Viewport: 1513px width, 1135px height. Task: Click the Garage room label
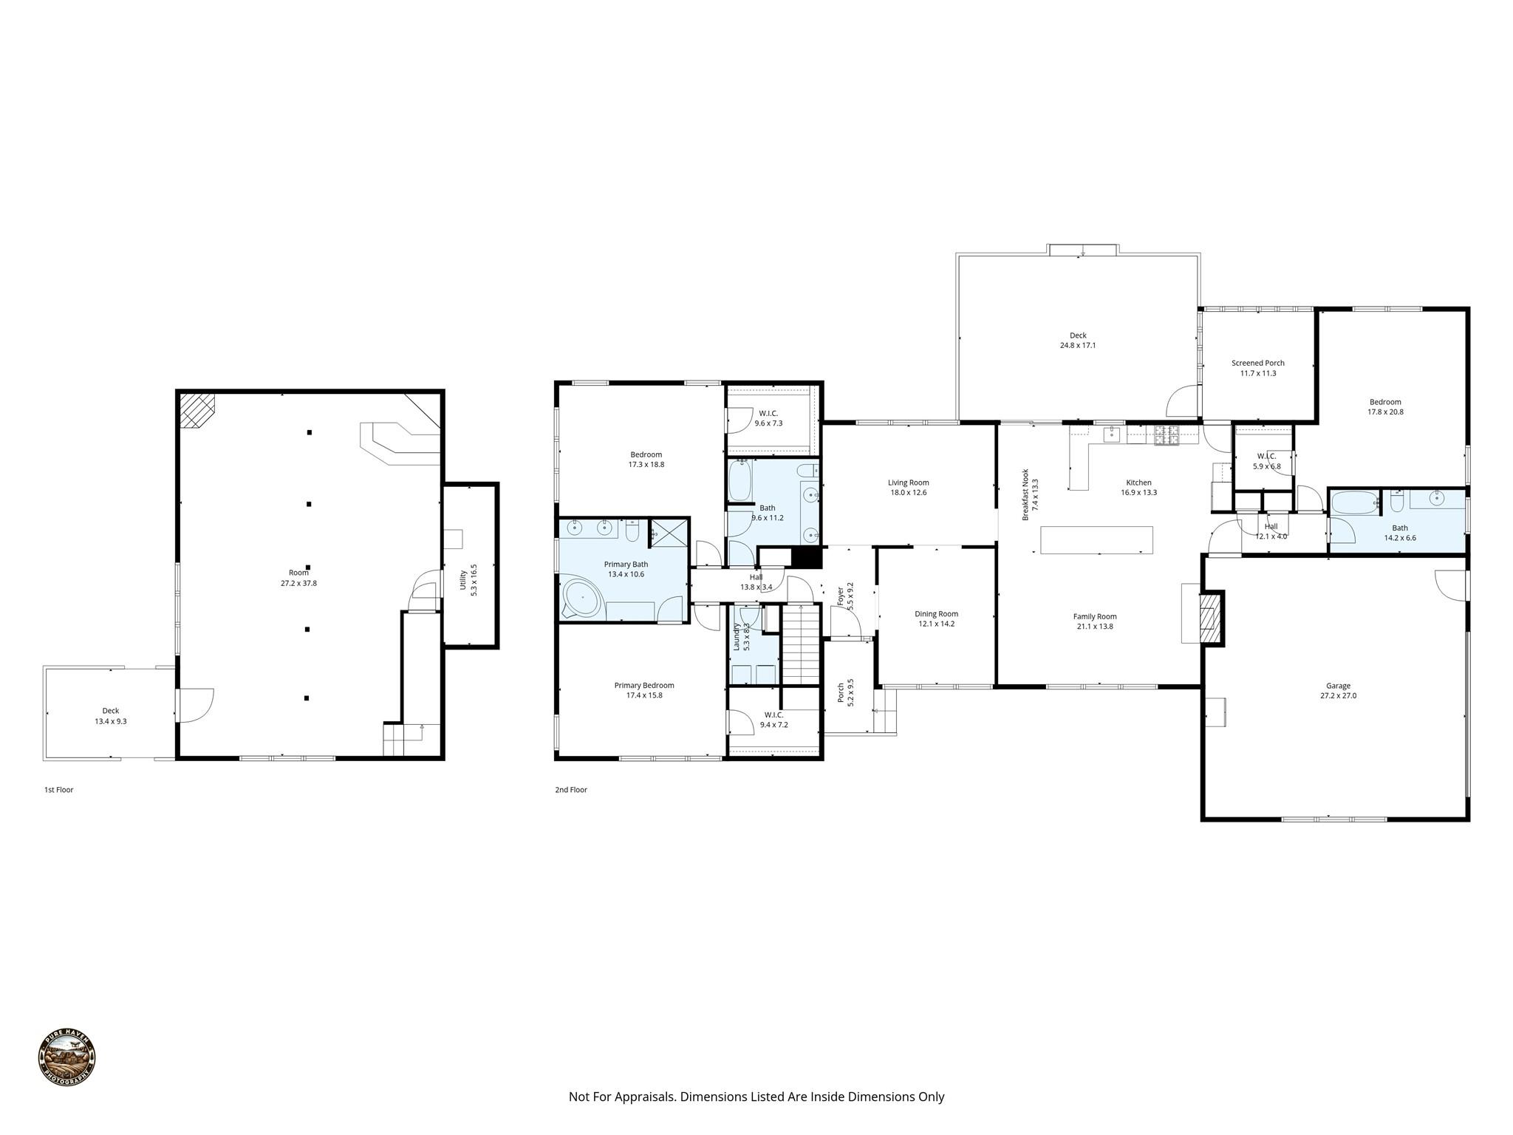[1338, 686]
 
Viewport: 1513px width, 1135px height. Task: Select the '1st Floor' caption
[59, 790]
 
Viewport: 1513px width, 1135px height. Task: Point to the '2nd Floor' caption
[571, 790]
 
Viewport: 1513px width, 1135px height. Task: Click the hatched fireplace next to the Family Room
[1209, 617]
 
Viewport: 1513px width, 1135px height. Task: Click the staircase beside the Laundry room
[802, 644]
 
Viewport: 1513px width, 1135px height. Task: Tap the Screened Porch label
[1257, 363]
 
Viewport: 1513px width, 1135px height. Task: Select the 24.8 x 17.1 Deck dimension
[1078, 345]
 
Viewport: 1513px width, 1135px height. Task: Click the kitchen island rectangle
[1096, 539]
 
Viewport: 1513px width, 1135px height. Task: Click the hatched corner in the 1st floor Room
[197, 409]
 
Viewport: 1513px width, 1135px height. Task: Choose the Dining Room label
[936, 613]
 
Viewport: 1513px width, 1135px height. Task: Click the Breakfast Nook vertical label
[1025, 494]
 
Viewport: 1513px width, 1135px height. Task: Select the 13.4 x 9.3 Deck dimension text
[111, 721]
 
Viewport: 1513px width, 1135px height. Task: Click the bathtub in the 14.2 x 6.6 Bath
[1353, 504]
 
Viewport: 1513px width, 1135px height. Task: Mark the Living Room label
[908, 483]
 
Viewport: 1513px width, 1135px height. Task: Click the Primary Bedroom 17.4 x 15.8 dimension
[643, 695]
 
